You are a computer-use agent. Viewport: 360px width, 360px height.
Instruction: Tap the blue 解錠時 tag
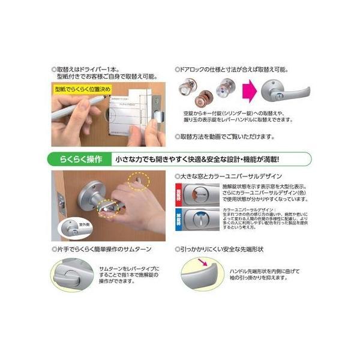click(x=178, y=217)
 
